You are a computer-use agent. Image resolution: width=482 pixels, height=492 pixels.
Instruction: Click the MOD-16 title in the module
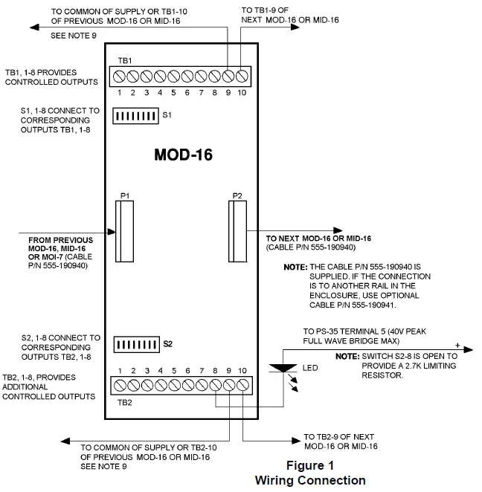pos(183,155)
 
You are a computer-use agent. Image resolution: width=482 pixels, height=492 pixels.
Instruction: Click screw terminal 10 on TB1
pos(241,76)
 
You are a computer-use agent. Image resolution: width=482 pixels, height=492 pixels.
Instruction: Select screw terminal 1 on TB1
pos(118,76)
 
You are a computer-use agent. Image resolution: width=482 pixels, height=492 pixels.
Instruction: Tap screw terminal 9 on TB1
pos(228,76)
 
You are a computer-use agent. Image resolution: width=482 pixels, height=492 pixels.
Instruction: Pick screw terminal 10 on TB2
pos(243,385)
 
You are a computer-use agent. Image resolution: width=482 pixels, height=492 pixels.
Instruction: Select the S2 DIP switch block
pos(135,345)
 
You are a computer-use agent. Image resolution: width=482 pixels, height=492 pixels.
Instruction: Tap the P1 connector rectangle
pos(124,230)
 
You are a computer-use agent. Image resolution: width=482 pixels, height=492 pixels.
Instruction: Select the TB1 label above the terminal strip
pos(125,59)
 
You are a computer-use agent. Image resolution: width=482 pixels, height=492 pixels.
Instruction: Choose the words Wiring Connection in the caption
pos(310,479)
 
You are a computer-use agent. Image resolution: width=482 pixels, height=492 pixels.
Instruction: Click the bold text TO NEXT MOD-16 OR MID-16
pos(318,238)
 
